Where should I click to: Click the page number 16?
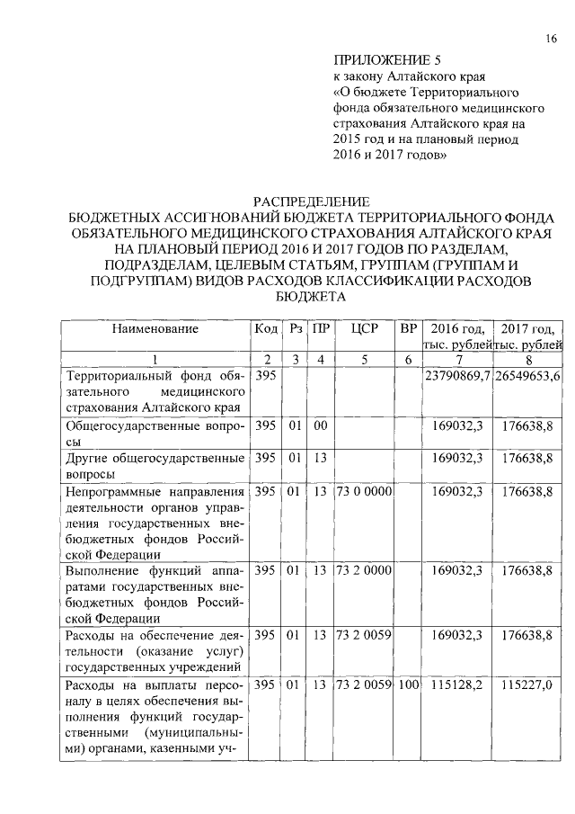551,39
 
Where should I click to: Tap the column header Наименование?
155,329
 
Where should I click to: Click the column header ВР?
408,329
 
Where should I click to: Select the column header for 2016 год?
457,336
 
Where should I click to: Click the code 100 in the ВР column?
408,687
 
